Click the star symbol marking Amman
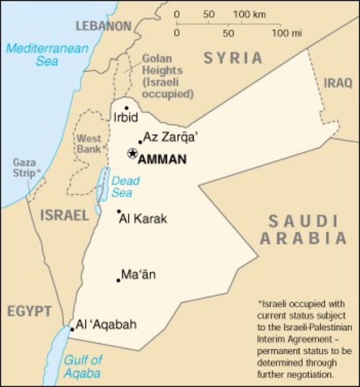[132, 153]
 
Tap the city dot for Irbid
[127, 108]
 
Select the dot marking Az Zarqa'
[140, 142]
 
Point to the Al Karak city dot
[119, 211]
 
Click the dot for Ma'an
[118, 281]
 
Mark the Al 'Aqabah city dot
[72, 329]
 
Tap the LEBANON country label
[103, 26]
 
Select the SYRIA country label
[232, 58]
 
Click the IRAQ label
[338, 83]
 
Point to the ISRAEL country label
[65, 216]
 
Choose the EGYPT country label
[29, 311]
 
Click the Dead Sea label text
[125, 187]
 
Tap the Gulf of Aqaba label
[83, 366]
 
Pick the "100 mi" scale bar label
[287, 33]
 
